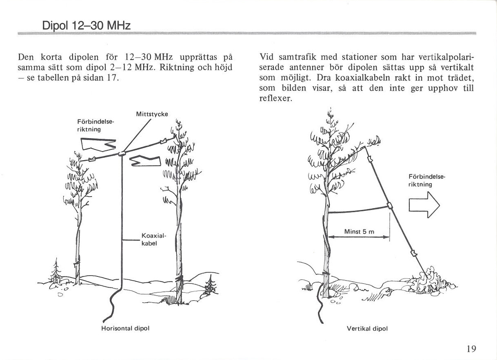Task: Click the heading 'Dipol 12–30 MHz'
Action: coord(86,26)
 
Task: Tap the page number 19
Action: coord(471,349)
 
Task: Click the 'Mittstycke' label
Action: coord(152,114)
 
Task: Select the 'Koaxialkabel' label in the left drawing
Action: coord(153,239)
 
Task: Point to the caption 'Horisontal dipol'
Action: coord(125,328)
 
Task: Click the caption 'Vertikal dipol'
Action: coord(367,329)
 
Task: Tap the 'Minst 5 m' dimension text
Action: coord(359,232)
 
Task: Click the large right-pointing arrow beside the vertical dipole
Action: coord(424,205)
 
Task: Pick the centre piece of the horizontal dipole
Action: coord(122,153)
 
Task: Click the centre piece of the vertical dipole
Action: coord(390,206)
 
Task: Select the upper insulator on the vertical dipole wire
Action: coord(370,159)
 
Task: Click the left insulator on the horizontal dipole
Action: coord(92,159)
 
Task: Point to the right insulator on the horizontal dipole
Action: coord(163,141)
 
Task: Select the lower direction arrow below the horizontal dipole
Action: coord(145,161)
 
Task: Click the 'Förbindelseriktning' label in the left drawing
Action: coord(95,126)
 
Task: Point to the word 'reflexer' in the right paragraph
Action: coord(275,98)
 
